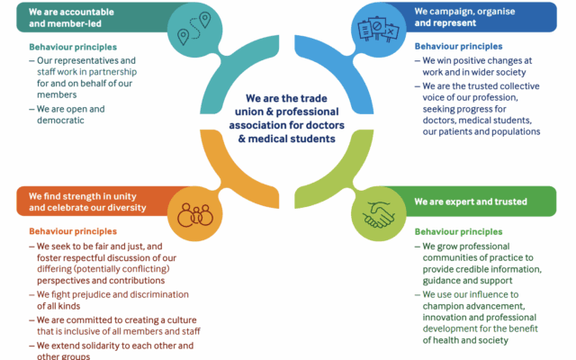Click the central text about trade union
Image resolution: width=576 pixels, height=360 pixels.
[x=288, y=121]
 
